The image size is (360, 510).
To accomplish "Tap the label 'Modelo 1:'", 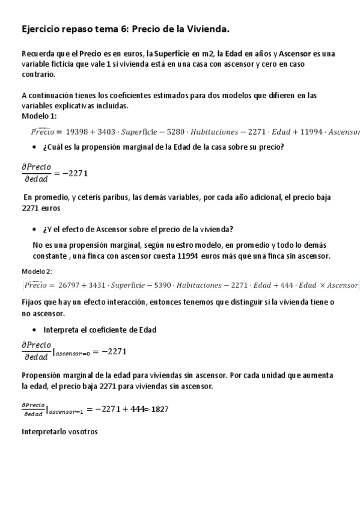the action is point(39,116).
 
